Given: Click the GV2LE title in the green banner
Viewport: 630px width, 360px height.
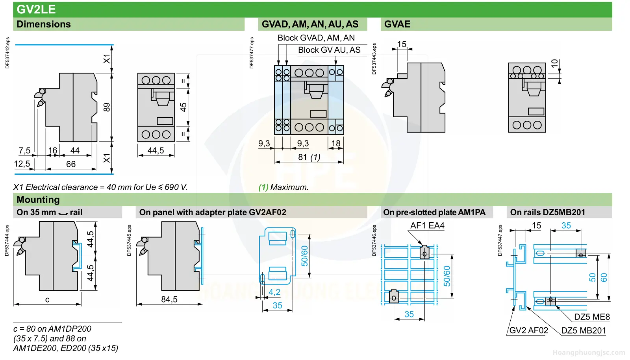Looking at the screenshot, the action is pos(36,9).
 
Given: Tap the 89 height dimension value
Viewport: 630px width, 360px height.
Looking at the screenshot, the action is pos(107,107).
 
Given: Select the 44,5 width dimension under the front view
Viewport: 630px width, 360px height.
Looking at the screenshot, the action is pos(156,150).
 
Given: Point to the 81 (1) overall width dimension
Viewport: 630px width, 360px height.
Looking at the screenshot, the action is pos(309,157).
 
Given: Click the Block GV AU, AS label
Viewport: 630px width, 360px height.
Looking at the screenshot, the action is pos(329,50).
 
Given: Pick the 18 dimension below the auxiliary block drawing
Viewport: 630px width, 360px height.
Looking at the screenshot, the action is pos(336,143).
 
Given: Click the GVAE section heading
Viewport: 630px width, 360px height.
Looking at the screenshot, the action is pos(397,24).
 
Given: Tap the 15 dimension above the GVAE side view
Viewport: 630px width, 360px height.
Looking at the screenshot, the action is pos(402,44).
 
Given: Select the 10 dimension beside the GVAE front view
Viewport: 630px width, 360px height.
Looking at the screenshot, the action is pos(554,63).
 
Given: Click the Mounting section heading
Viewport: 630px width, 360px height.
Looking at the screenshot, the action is pos(38,199).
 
